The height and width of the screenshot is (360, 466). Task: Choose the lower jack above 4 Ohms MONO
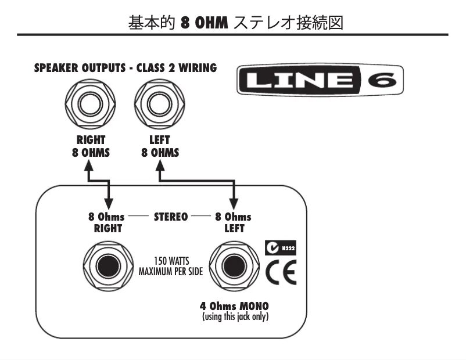point(234,268)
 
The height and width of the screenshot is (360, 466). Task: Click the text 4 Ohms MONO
point(235,305)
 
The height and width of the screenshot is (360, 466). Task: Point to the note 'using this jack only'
point(235,316)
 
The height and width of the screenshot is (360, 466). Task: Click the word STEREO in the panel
point(170,217)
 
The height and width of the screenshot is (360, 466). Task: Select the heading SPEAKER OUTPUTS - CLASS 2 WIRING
point(126,68)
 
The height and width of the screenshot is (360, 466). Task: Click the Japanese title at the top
point(232,24)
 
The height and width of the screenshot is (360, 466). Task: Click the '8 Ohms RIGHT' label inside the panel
point(107,222)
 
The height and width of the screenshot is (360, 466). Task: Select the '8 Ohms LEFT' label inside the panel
point(233,222)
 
